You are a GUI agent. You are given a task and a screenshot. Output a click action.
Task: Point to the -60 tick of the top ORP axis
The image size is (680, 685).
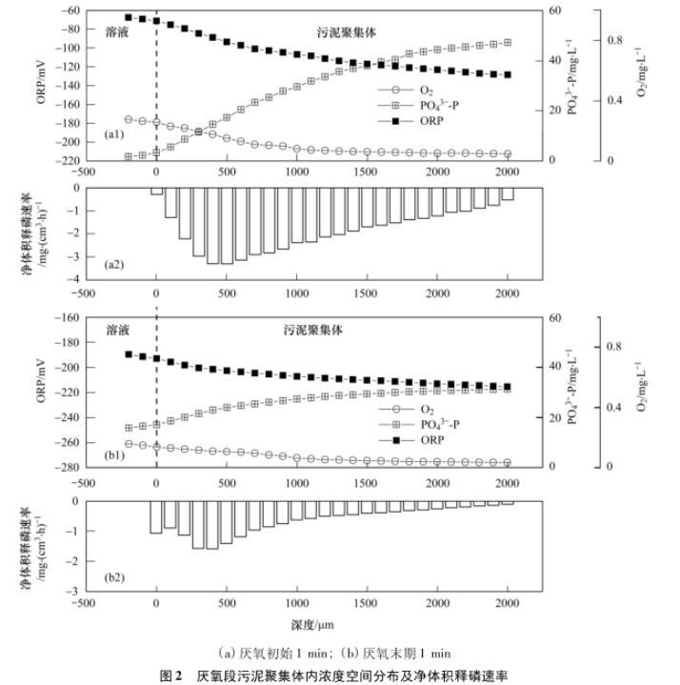70,10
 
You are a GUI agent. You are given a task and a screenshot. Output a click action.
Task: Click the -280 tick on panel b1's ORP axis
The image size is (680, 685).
68,467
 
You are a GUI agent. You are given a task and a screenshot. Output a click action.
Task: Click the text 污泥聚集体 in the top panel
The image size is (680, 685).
347,31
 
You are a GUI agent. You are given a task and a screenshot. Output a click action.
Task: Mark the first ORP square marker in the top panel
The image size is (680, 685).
129,17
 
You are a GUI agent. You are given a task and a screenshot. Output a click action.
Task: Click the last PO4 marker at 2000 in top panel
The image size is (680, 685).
508,43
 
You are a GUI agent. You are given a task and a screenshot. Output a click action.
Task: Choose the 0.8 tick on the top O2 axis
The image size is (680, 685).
615,40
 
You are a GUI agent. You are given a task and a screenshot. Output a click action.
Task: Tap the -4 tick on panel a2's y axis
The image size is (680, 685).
74,279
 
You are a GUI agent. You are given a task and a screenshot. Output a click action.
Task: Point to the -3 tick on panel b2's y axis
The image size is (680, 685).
74,592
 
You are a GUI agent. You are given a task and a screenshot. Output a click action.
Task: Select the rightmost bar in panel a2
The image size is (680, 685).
508,193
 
